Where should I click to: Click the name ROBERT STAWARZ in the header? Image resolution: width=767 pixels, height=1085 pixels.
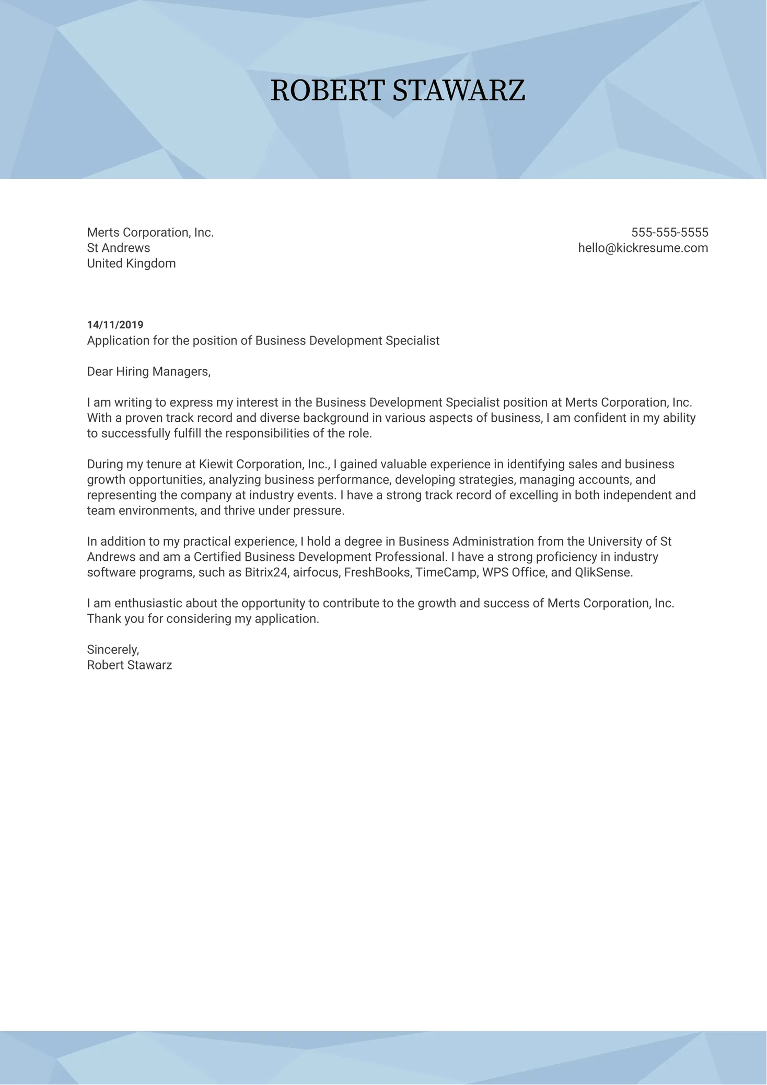[398, 90]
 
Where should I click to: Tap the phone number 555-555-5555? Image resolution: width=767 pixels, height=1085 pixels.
[669, 233]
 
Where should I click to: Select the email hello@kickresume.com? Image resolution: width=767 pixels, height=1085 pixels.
[643, 248]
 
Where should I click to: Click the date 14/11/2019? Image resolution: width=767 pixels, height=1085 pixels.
[115, 325]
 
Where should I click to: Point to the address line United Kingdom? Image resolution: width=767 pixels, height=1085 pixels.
[131, 263]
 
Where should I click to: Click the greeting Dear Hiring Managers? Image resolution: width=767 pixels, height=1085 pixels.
[148, 372]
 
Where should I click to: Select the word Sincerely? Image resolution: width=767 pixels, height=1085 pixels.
[112, 650]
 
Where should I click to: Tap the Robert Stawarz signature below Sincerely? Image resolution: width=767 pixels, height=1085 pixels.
[129, 665]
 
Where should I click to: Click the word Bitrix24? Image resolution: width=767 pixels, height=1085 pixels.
[266, 572]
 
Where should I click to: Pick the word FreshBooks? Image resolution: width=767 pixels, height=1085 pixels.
[377, 572]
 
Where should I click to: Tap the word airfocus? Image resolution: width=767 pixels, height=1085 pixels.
[316, 572]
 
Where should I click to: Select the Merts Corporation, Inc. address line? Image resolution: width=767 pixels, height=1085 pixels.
[150, 233]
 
